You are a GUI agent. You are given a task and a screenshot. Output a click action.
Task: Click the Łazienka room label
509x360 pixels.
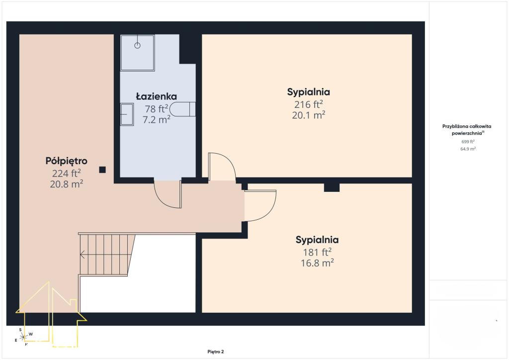[x=156, y=96]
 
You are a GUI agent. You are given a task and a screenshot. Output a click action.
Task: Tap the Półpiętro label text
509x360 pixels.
[x=66, y=161]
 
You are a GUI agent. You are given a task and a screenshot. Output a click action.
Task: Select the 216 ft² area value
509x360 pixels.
[x=308, y=104]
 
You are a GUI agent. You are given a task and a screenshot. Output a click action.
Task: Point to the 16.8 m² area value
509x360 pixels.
[x=317, y=263]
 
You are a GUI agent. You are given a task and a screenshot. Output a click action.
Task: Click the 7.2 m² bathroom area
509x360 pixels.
[x=156, y=119]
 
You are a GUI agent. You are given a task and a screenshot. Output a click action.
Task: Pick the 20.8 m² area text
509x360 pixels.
[x=66, y=184]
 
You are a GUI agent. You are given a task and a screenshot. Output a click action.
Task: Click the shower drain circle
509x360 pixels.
[x=137, y=45]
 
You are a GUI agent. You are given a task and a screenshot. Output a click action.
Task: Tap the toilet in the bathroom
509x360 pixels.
[x=182, y=109]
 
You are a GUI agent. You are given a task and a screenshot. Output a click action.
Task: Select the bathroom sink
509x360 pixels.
[x=127, y=114]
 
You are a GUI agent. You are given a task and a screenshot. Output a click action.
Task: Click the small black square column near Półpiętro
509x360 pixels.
[x=102, y=170]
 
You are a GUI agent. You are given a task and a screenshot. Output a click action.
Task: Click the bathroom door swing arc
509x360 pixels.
[x=163, y=199]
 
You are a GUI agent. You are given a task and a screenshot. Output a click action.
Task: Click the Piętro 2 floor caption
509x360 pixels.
[x=216, y=352]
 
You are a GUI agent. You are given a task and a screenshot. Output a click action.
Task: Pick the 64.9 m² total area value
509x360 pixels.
[x=468, y=149]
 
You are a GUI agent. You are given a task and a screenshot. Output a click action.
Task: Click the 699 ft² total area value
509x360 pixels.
[x=468, y=142]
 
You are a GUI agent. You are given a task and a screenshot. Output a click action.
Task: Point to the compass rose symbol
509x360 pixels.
[x=23, y=337]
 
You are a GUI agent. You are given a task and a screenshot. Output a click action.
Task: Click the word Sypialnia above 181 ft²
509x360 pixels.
[x=317, y=240]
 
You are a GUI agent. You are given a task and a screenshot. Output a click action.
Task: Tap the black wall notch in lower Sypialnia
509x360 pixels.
[x=332, y=187]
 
